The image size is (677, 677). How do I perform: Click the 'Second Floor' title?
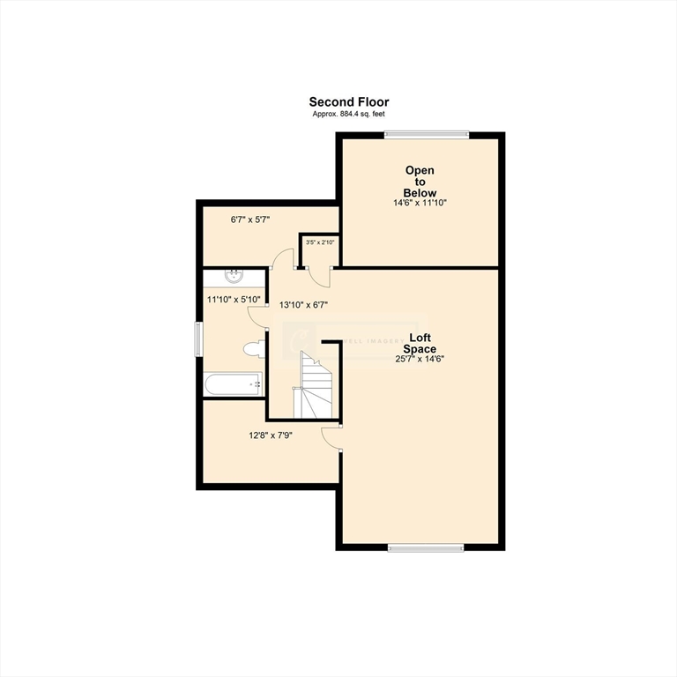coord(348,102)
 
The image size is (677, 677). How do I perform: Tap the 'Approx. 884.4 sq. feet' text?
coord(348,115)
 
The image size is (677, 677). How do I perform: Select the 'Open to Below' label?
coord(420,181)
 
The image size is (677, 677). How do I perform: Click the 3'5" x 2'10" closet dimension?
coord(319,242)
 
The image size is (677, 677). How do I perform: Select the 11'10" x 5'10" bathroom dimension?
coord(234,300)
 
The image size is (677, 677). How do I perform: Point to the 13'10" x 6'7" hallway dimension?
coord(304,305)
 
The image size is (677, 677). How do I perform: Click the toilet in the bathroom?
coord(254,348)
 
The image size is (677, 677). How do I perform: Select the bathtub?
coord(234,383)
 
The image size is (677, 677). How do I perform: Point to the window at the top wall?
coord(426,134)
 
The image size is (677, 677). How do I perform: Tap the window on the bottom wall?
coord(426,547)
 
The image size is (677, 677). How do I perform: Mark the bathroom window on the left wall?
coord(198,339)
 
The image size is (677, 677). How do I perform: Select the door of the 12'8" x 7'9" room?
coord(331,436)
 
